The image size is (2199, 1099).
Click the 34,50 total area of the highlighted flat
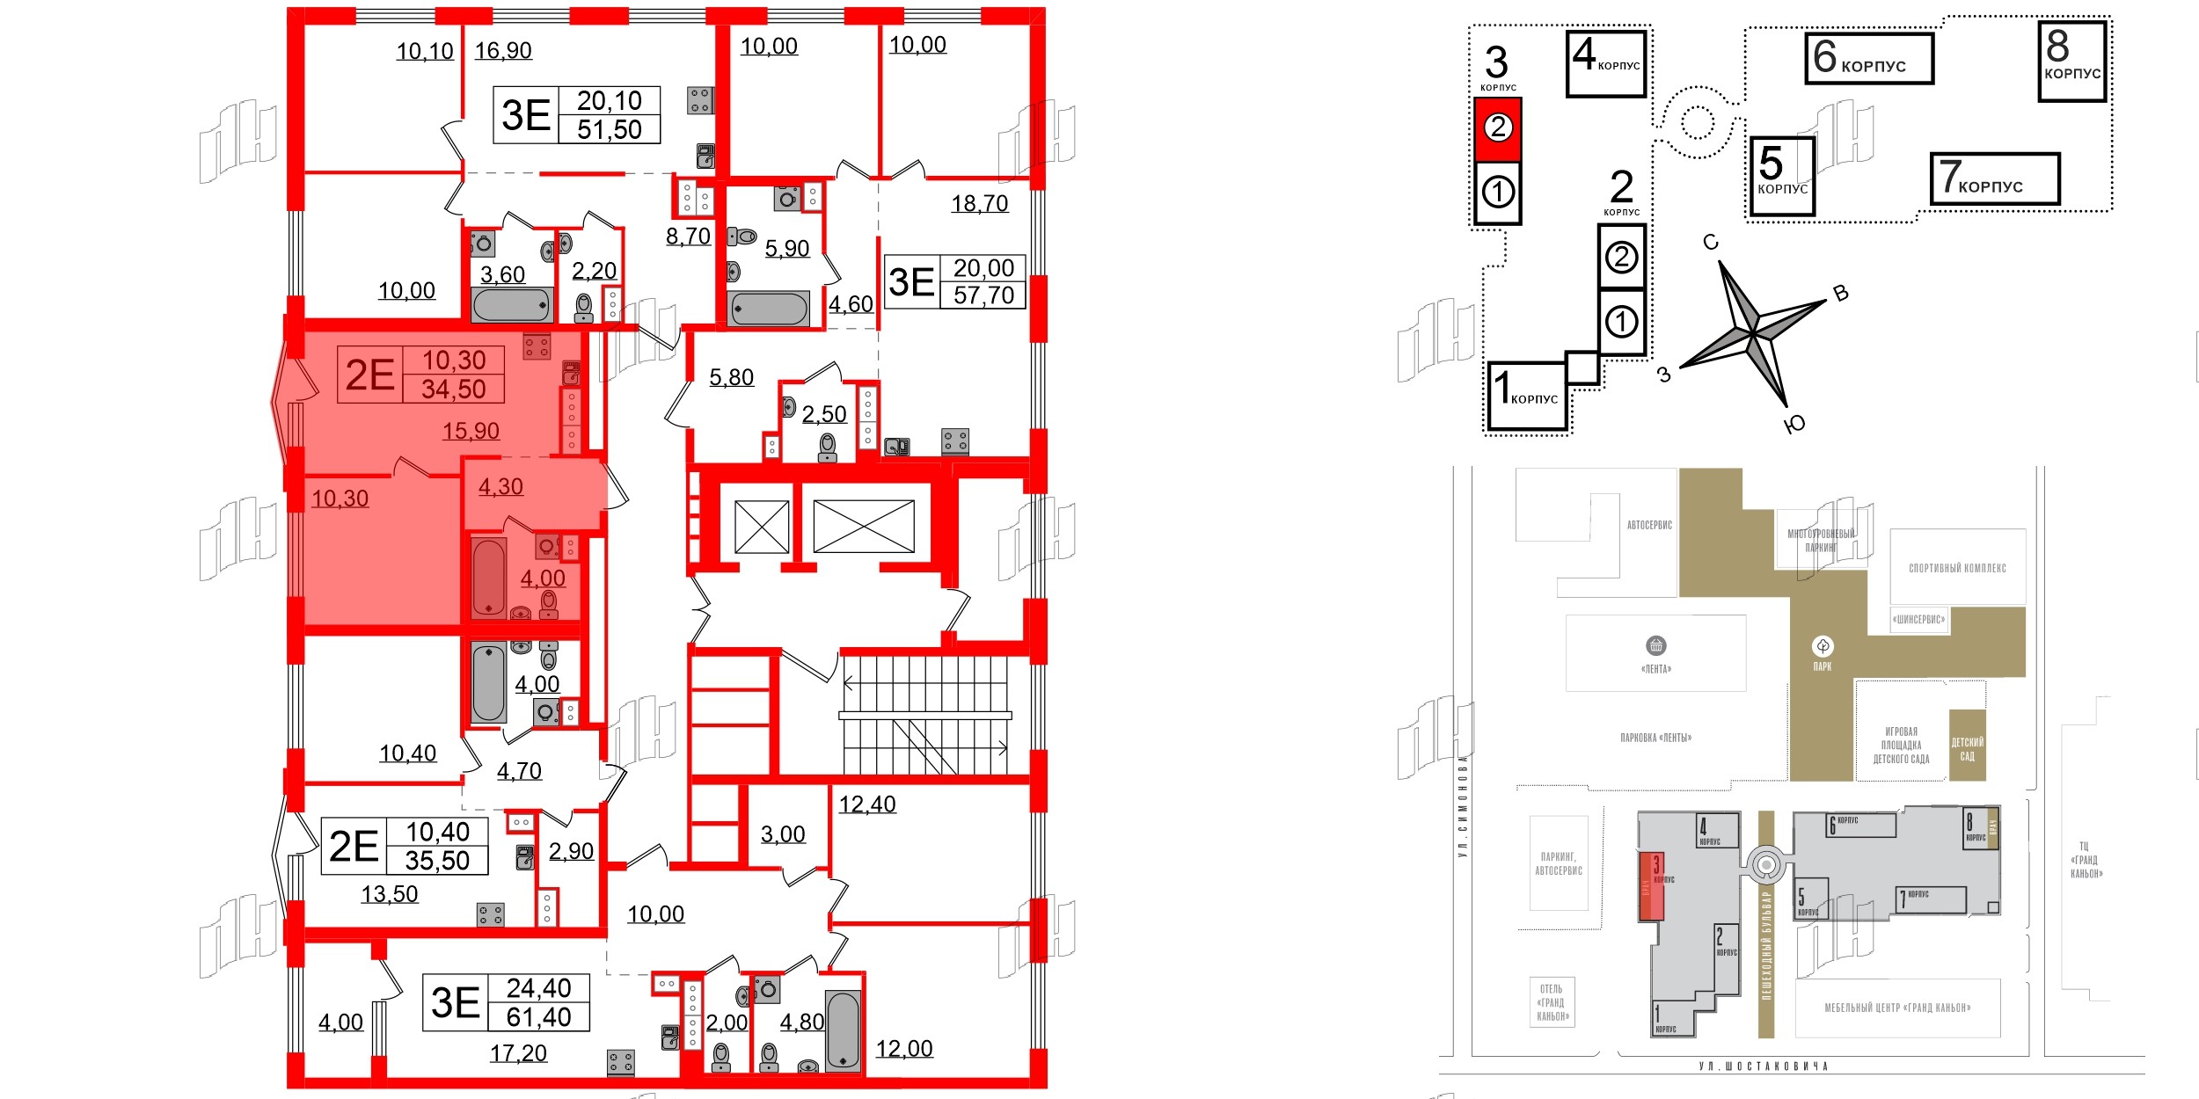453,389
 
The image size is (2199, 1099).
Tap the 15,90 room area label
471,431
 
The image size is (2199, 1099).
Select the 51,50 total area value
609,130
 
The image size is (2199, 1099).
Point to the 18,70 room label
979,204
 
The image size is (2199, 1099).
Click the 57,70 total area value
983,295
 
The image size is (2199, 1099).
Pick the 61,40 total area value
538,1017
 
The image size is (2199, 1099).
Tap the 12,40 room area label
866,804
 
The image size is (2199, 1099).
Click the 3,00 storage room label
782,834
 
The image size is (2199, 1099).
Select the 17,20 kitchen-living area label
518,1053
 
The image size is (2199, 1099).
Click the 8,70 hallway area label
688,237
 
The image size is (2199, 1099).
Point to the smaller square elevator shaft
762,527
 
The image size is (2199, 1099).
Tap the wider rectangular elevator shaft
864,527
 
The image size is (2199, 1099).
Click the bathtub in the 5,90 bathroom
768,309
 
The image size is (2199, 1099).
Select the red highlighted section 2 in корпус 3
1498,128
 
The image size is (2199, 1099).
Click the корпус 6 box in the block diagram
1869,59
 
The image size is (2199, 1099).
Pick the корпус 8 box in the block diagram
2072,62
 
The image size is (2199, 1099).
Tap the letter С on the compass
1710,243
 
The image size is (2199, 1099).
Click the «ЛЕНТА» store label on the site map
1655,669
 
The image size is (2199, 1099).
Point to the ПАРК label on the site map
1823,666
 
